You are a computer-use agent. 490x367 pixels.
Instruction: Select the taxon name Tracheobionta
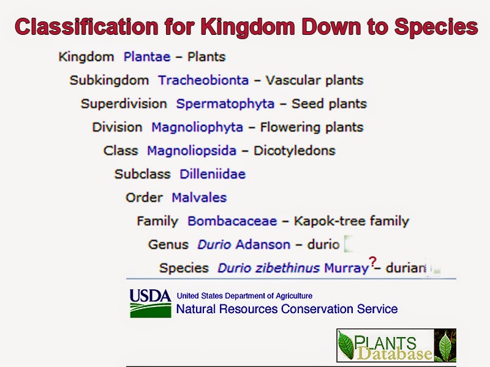click(x=203, y=80)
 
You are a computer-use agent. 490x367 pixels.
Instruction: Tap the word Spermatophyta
click(x=225, y=103)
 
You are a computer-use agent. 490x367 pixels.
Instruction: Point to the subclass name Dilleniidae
click(x=213, y=174)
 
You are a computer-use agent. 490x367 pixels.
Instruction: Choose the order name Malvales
click(x=199, y=198)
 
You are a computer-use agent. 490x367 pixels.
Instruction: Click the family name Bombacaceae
click(x=232, y=221)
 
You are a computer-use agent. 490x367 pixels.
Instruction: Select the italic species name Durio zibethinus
click(x=268, y=268)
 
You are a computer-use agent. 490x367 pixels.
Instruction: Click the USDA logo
click(x=150, y=303)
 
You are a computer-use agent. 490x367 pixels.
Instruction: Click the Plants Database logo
click(x=396, y=346)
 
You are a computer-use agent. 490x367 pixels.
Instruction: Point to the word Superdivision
click(x=124, y=103)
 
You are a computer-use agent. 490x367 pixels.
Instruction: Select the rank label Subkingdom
click(x=109, y=80)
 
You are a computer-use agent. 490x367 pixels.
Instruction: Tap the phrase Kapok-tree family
click(x=351, y=221)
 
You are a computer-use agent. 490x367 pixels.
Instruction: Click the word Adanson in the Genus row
click(x=263, y=245)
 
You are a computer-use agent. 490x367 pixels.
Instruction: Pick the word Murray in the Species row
click(x=346, y=268)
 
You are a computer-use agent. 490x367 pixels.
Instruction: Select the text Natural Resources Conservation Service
click(x=287, y=309)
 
